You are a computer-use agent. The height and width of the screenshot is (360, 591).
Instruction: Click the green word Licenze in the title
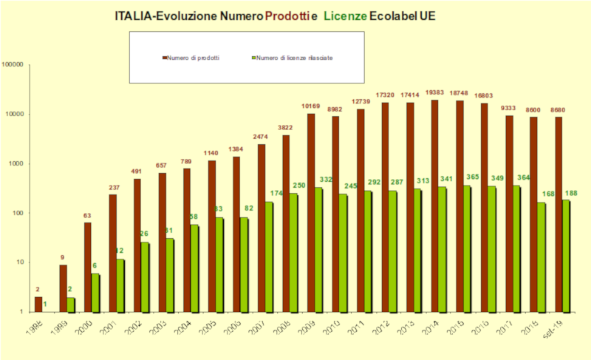point(345,16)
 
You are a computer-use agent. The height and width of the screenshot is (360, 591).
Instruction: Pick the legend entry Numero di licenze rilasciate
point(294,58)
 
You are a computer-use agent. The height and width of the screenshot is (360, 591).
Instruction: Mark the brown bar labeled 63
point(88,267)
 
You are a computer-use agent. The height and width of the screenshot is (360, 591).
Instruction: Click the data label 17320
point(384,95)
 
